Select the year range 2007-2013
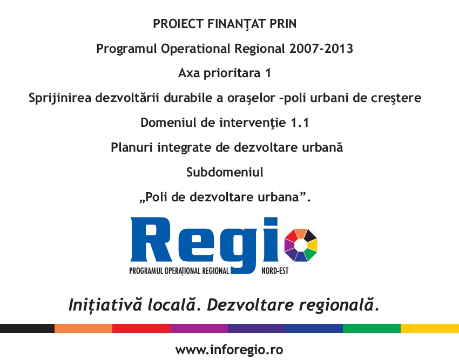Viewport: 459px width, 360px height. click(321, 48)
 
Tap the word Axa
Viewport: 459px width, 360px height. click(189, 73)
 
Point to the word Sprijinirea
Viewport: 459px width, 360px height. click(60, 98)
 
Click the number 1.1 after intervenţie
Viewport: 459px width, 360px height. click(300, 123)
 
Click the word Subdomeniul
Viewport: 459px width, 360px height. click(225, 172)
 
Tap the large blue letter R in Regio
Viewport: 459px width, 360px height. click(151, 239)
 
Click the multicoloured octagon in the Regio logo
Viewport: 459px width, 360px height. click(301, 245)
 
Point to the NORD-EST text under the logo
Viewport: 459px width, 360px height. click(275, 271)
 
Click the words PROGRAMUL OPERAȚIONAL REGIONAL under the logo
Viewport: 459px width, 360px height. click(179, 271)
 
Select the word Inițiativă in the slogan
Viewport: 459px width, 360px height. click(105, 305)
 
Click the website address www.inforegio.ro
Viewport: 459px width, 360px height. click(229, 350)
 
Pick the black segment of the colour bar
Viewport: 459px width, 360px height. click(27, 328)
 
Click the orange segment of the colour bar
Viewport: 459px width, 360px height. click(83, 328)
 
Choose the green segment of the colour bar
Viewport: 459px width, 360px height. click(372, 328)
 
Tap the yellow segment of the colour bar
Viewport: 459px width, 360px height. click(430, 328)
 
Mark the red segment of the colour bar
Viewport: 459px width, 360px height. click(141, 328)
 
